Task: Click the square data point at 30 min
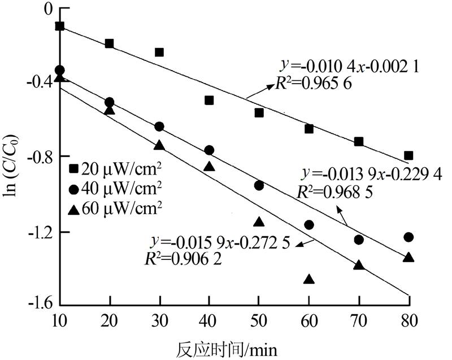point(159,53)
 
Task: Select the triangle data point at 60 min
point(309,279)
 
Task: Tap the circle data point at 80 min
point(408,237)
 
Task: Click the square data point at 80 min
point(408,155)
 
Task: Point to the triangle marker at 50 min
point(259,222)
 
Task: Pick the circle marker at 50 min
point(259,185)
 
